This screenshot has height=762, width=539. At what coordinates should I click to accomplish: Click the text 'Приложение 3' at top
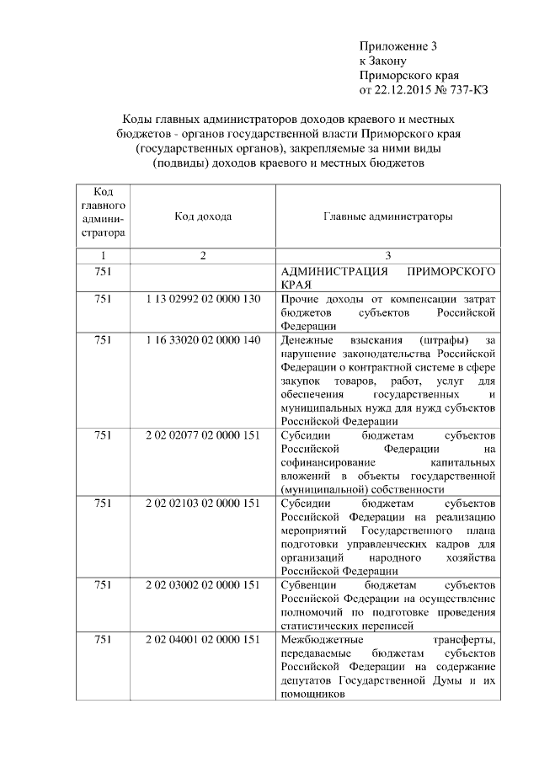pos(398,45)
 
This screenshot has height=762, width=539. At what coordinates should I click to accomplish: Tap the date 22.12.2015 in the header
pos(403,89)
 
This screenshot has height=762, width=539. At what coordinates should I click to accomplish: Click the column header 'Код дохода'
pos(203,216)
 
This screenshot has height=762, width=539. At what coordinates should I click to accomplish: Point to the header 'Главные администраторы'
pos(387,216)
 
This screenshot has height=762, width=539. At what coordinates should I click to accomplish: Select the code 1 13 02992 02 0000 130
pos(203,300)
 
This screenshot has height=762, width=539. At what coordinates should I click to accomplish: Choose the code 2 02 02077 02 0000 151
pos(203,435)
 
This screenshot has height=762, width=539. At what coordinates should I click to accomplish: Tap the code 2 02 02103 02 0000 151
pos(203,504)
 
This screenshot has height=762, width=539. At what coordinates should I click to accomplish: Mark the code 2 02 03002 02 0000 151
pos(203,584)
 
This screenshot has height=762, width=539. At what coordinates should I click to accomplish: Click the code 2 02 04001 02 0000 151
pos(203,640)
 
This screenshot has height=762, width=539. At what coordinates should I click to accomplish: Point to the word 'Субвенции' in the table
pos(309,584)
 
